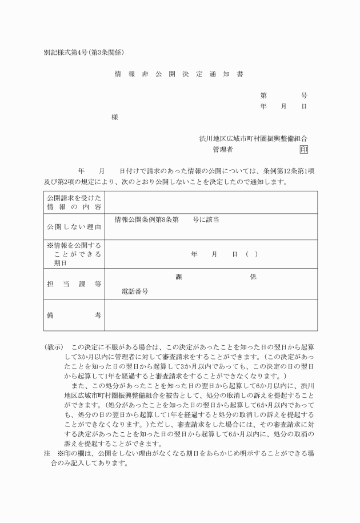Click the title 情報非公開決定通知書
(179, 74)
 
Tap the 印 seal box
(303, 150)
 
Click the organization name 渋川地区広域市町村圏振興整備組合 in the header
(253, 139)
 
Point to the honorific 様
(115, 117)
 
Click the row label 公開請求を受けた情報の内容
(74, 202)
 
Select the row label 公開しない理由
(74, 227)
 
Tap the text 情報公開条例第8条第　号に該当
(167, 219)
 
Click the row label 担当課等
(74, 284)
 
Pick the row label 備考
(74, 315)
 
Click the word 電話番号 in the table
(135, 292)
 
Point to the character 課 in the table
(178, 277)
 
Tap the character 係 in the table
(253, 277)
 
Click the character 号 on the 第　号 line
(304, 95)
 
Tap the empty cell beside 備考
(210, 315)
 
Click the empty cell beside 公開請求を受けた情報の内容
(210, 202)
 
